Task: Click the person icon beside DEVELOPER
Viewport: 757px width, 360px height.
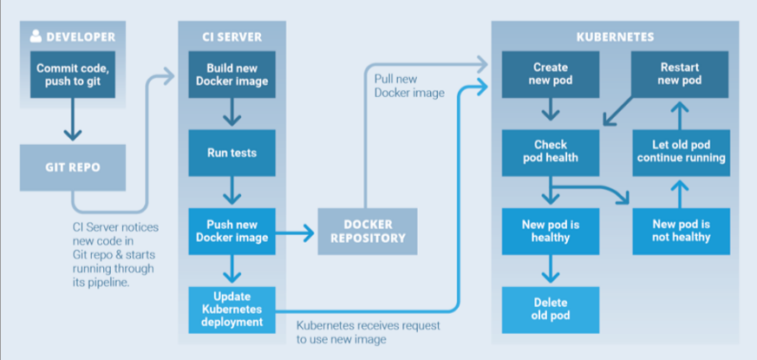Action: [x=36, y=36]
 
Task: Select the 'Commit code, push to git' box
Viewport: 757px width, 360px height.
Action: [x=73, y=74]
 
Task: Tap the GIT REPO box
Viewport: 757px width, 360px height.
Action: [x=73, y=167]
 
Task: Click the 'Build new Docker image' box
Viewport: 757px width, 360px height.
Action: [x=231, y=74]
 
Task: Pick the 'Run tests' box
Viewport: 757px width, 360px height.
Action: [x=231, y=153]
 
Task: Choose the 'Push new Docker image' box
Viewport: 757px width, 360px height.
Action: [x=231, y=232]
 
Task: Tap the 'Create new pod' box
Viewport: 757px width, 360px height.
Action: [x=551, y=74]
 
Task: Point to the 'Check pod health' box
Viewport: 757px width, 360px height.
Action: [x=551, y=152]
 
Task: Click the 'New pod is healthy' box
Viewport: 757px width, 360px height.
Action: [x=551, y=231]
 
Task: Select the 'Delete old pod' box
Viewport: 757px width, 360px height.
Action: [x=551, y=309]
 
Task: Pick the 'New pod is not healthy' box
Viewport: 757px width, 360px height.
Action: [x=681, y=231]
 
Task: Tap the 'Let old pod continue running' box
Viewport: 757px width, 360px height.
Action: [x=681, y=152]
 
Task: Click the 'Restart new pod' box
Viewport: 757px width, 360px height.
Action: [x=681, y=74]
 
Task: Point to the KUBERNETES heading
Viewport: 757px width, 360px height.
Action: [x=615, y=37]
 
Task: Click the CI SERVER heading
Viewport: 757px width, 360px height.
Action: [x=231, y=37]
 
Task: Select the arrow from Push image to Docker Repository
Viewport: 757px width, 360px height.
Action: [x=296, y=232]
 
